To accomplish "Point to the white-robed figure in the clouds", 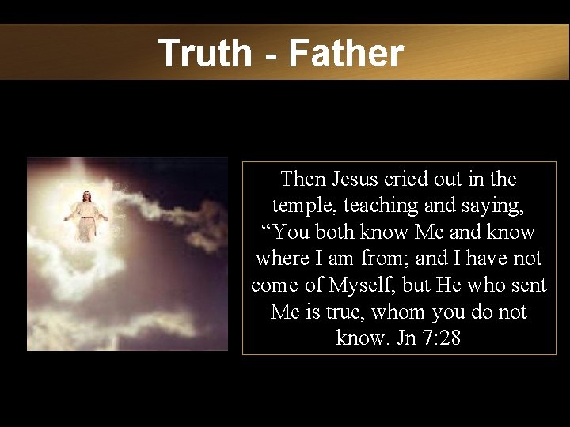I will click(x=85, y=215).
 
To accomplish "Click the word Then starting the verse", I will click(x=303, y=179).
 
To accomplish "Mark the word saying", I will click(x=492, y=206).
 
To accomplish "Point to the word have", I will click(x=491, y=259).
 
